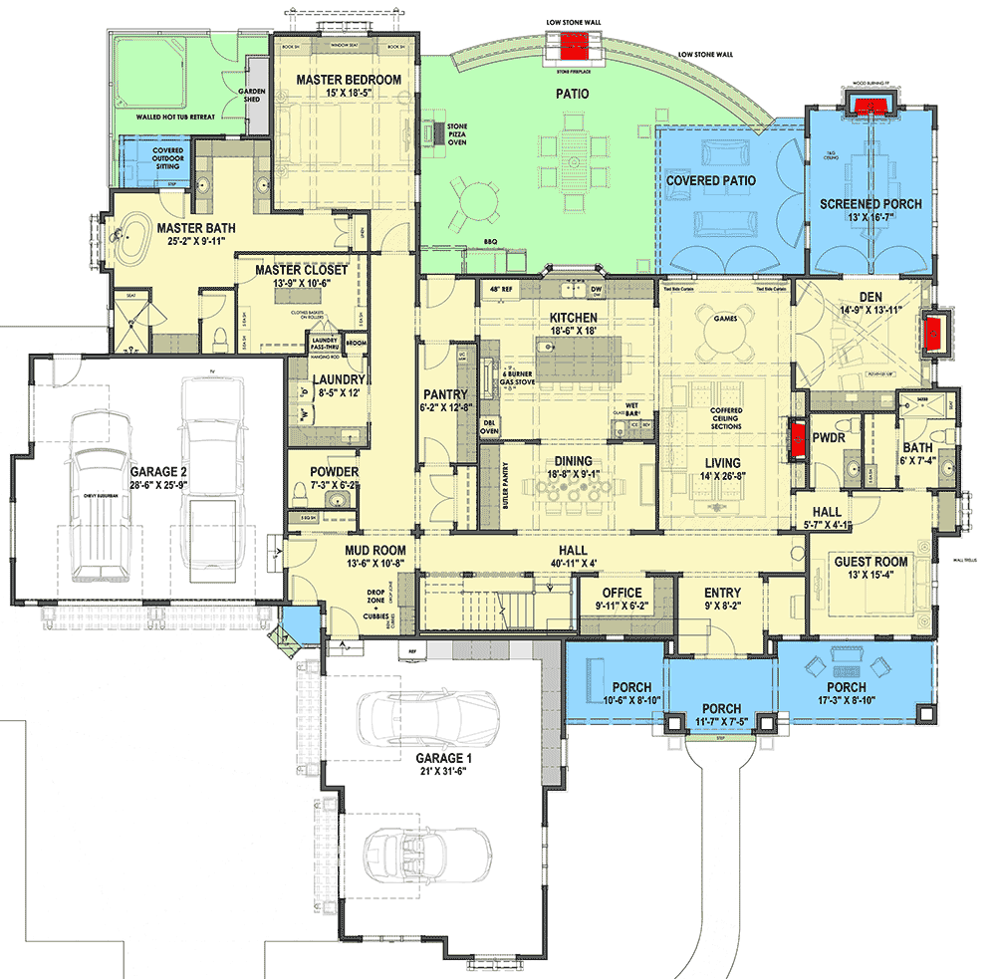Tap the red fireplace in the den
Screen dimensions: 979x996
coord(935,335)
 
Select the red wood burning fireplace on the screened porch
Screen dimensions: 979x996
coord(871,104)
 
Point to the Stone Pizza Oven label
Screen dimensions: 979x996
coord(457,134)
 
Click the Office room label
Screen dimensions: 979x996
coord(622,594)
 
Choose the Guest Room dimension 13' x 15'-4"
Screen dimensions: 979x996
coord(871,578)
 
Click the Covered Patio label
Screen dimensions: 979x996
coord(711,181)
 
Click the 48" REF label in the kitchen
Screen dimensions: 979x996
coord(499,290)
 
